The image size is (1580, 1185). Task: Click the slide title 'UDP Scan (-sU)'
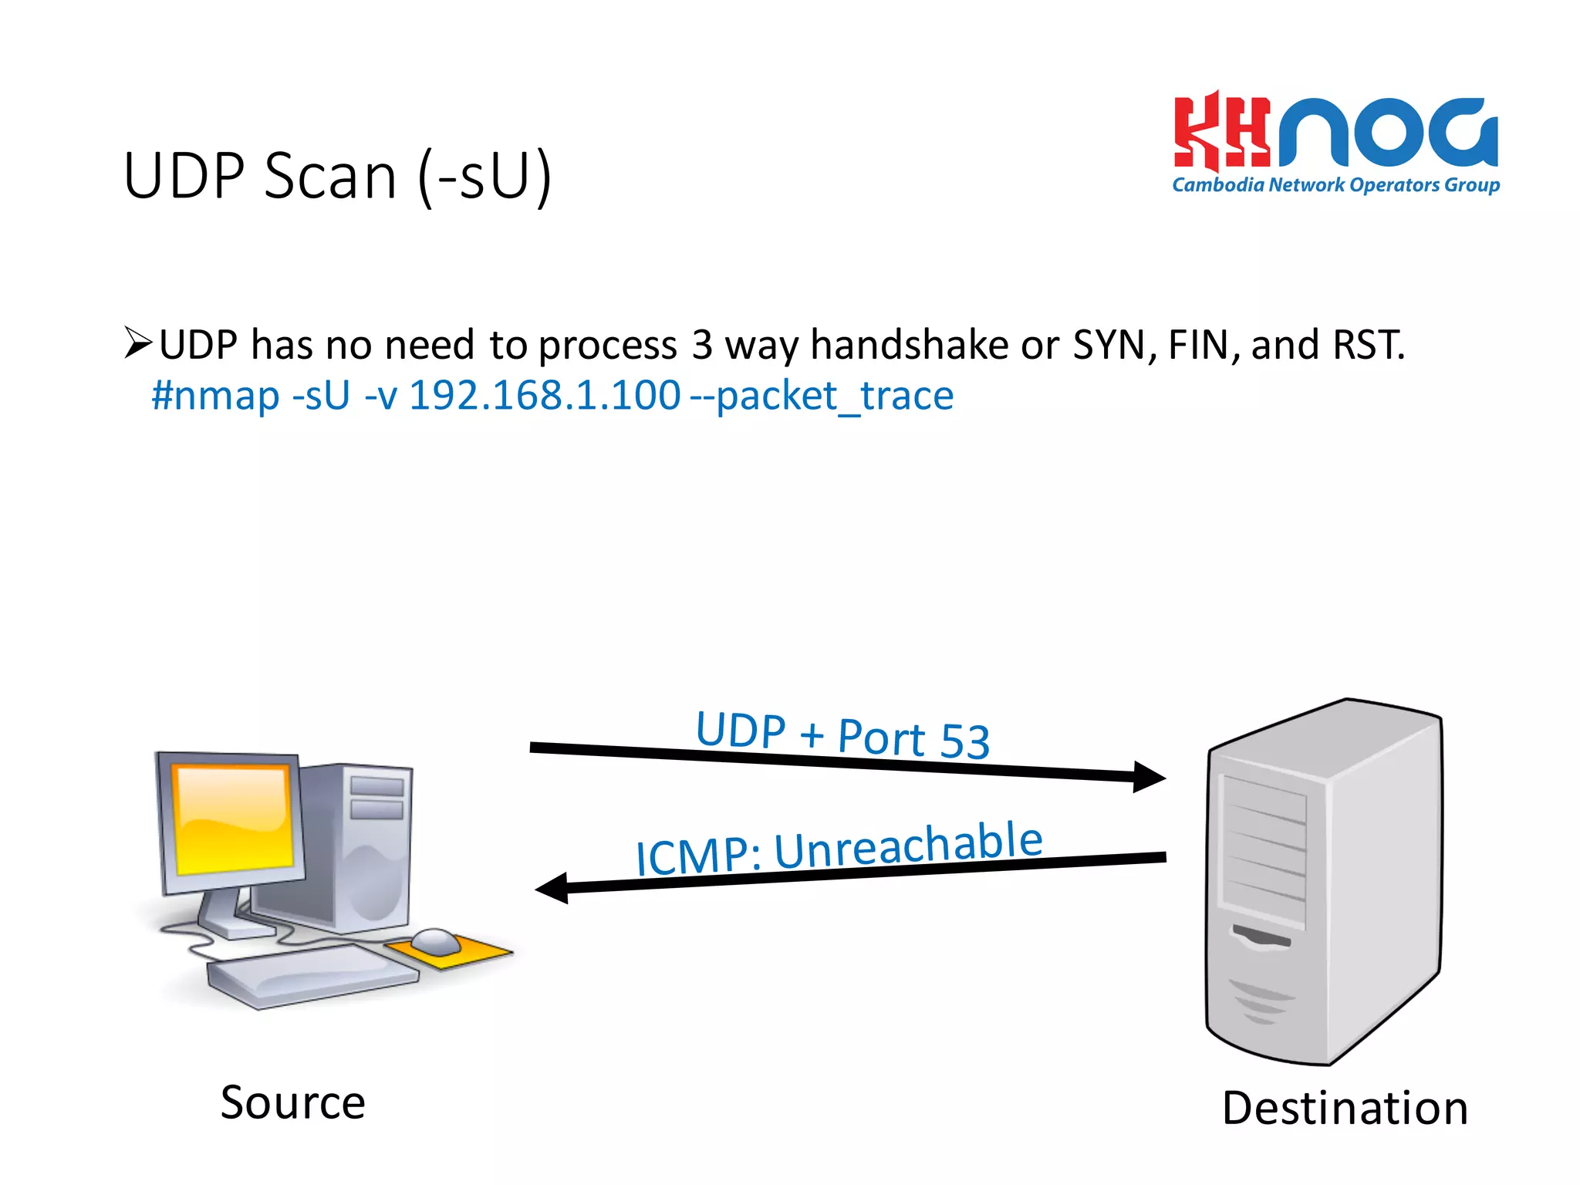click(x=337, y=176)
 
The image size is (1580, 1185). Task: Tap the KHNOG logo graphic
click(x=1335, y=132)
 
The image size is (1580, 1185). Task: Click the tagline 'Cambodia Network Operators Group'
click(x=1335, y=185)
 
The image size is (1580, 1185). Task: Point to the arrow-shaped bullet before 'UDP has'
click(x=138, y=343)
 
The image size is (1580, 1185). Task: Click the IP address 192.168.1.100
click(x=545, y=396)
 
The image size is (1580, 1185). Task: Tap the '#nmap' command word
click(x=215, y=396)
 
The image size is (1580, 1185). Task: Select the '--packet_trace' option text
click(x=822, y=397)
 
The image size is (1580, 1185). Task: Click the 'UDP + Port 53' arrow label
click(x=842, y=735)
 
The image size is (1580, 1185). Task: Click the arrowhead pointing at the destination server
click(x=1149, y=777)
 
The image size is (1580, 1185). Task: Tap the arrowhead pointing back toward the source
click(x=552, y=888)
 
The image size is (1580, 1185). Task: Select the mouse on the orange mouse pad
click(x=436, y=940)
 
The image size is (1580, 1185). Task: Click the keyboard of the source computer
click(x=312, y=976)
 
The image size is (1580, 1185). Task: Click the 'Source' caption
click(x=292, y=1102)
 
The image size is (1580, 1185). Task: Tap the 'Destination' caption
click(x=1345, y=1109)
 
